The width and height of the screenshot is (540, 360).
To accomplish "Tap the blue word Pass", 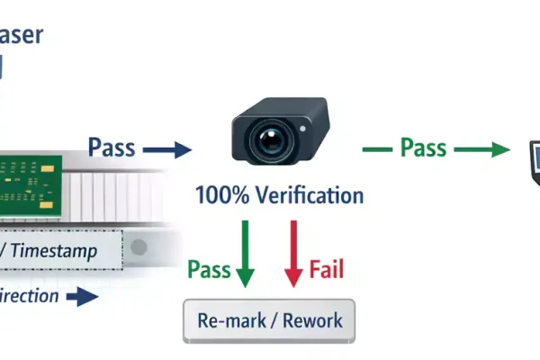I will (x=112, y=146).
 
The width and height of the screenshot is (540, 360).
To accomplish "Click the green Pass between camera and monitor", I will (x=423, y=147).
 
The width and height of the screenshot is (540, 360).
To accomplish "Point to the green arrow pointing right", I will (x=487, y=149).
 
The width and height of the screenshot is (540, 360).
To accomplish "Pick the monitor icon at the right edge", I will (x=531, y=162).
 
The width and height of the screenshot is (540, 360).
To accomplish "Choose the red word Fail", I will (x=326, y=269).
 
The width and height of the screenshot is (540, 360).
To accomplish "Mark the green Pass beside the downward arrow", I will (x=208, y=269).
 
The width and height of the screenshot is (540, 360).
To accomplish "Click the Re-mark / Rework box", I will (x=269, y=319).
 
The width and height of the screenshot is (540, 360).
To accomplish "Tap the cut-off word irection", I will (x=29, y=296).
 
